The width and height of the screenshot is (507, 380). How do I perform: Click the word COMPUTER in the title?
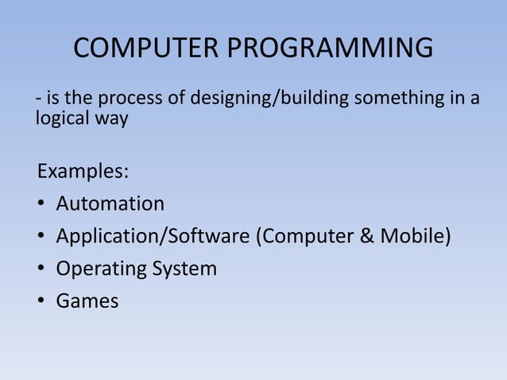(147, 49)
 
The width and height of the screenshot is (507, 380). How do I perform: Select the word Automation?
(110, 204)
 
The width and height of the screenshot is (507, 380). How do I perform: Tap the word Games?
(87, 301)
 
